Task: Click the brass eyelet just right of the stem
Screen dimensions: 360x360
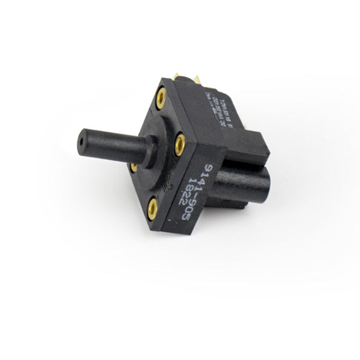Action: point(180,143)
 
